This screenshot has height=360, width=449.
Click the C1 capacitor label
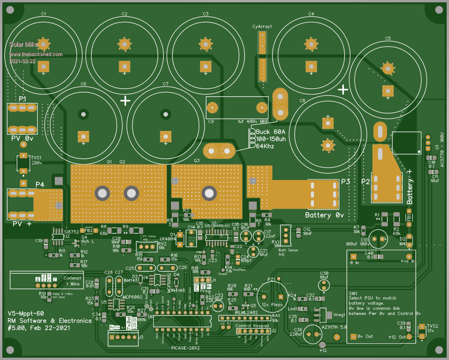click(43, 14)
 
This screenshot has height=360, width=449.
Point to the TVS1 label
click(36, 158)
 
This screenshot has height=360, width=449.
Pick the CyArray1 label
click(262, 27)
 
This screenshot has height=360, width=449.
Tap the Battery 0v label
click(324, 215)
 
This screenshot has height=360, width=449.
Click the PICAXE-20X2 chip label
click(185, 348)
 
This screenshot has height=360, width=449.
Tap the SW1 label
click(353, 293)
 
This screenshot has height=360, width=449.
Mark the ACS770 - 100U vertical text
click(442, 148)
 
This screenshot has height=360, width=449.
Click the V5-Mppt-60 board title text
click(27, 313)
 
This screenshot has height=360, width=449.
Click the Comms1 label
click(72, 278)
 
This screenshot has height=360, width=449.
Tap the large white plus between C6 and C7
click(125, 101)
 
